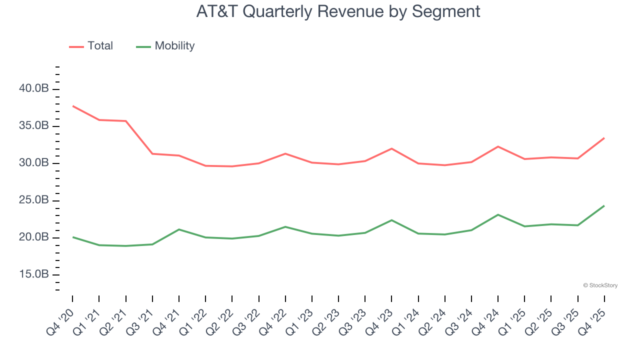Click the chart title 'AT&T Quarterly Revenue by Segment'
point(338,11)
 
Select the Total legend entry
point(91,46)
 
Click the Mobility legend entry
point(165,46)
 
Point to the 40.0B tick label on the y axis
point(34,89)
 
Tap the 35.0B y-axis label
point(34,126)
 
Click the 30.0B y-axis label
point(34,163)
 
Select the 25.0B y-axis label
point(34,200)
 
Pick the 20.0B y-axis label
point(34,237)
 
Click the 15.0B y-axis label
point(34,274)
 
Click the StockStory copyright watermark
point(600,285)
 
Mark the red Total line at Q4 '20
point(73,106)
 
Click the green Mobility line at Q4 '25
point(604,206)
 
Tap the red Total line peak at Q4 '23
point(391,148)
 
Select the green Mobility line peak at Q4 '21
point(179,229)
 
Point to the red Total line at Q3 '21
point(152,153)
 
